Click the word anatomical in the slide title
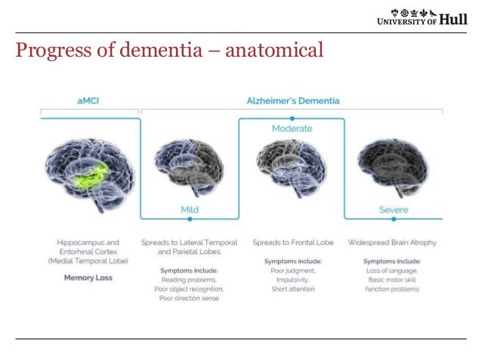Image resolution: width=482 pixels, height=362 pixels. (271, 51)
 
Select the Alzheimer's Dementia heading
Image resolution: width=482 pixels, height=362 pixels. (292, 101)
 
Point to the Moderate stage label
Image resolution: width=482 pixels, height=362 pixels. (292, 129)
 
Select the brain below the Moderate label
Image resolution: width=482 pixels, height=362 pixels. (292, 166)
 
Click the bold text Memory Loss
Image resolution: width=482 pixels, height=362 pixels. (88, 277)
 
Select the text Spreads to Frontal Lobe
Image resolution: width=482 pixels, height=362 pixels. (292, 243)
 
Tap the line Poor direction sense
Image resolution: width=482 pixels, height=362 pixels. (189, 297)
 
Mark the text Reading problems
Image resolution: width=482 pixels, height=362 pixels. (189, 279)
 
